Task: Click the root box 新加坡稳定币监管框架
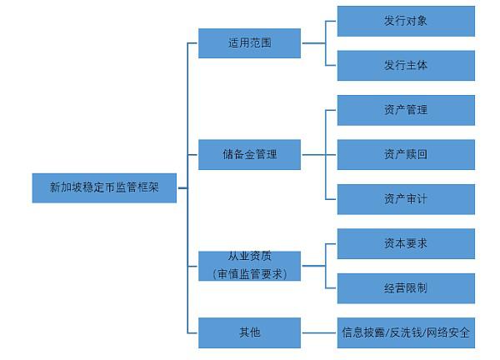click(104, 187)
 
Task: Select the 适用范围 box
click(249, 43)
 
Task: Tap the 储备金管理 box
click(249, 155)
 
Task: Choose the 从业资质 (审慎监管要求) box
click(249, 266)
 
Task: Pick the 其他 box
click(249, 332)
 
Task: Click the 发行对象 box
click(406, 21)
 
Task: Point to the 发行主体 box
click(406, 65)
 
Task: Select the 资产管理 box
click(406, 110)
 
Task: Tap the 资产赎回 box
click(406, 155)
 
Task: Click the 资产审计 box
click(406, 199)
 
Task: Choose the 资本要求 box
click(406, 243)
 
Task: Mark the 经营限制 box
click(406, 288)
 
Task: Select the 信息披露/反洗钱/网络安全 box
click(406, 332)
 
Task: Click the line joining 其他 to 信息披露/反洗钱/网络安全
click(319, 332)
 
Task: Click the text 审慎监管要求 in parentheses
click(250, 274)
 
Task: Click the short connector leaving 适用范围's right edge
click(314, 43)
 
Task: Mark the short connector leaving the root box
click(182, 188)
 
